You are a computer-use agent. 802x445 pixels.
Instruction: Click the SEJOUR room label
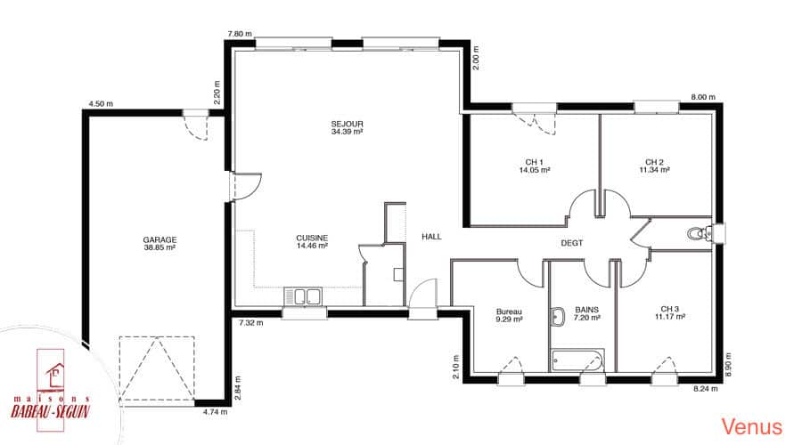[x=347, y=124]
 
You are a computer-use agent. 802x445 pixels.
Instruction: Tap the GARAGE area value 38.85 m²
[x=160, y=247]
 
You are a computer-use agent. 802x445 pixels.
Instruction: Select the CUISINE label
[x=312, y=239]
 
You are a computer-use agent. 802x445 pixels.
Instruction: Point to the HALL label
[x=431, y=237]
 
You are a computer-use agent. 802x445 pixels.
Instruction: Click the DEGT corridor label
[x=572, y=243]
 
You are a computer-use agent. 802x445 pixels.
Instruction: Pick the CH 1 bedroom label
[x=534, y=163]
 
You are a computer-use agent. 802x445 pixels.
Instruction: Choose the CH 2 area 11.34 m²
[x=654, y=170]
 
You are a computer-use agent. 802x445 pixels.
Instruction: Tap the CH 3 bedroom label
[x=669, y=309]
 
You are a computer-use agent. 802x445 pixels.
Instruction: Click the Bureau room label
[x=509, y=311]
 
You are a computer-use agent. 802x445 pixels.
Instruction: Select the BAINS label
[x=586, y=310]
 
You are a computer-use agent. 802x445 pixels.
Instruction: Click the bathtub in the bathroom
[x=577, y=360]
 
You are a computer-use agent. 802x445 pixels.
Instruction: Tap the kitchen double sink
[x=303, y=296]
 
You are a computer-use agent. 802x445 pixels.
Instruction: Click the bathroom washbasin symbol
[x=558, y=317]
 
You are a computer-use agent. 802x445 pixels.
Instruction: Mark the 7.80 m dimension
[x=240, y=34]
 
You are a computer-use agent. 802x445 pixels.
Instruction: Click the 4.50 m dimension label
[x=101, y=104]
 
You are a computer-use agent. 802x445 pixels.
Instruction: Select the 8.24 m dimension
[x=706, y=389]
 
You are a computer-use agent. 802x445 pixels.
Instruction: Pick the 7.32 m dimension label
[x=251, y=323]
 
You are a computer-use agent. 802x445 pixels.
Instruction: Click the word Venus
[x=752, y=426]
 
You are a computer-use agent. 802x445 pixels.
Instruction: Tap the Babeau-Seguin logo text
[x=50, y=411]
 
